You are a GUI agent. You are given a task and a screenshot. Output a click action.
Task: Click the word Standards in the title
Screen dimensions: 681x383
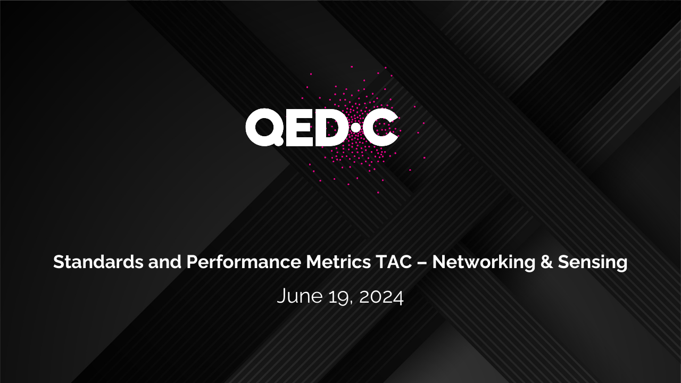(x=98, y=262)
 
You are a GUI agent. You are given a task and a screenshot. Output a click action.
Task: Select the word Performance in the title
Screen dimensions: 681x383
(x=244, y=262)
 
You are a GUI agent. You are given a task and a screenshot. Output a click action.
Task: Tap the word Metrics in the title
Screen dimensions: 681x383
(x=338, y=262)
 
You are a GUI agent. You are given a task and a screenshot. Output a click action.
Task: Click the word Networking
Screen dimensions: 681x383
(x=484, y=262)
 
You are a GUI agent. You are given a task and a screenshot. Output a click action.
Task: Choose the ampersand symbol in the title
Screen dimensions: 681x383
(x=546, y=262)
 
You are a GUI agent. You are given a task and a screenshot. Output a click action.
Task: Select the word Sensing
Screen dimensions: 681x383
(x=593, y=263)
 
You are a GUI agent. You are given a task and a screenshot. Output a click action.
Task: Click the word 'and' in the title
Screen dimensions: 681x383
(x=165, y=262)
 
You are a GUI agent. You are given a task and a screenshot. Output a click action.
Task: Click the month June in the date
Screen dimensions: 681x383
(x=300, y=296)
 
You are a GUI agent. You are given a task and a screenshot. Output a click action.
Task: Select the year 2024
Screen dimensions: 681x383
(x=381, y=296)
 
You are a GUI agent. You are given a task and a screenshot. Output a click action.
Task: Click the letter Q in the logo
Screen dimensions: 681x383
(x=265, y=127)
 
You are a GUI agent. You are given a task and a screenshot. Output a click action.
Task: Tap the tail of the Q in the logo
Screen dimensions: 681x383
(x=278, y=141)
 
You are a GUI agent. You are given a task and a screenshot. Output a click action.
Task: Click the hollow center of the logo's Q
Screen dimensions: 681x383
(x=264, y=127)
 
